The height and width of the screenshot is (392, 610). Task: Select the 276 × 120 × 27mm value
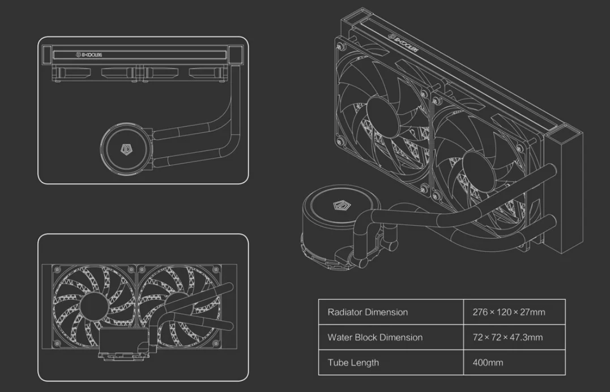point(509,312)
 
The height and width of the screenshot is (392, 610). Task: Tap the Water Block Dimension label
point(375,337)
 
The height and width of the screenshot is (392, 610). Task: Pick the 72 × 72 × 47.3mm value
point(507,337)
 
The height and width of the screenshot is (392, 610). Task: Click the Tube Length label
point(353,363)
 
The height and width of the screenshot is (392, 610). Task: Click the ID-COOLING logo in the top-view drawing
point(89,55)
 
